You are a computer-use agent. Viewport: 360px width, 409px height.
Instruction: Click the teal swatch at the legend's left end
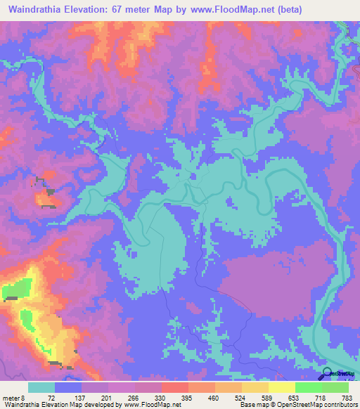pos(41,387)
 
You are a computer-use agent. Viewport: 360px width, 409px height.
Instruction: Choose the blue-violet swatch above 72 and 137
pos(68,387)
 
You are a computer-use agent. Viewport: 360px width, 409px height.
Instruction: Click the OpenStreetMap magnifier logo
pos(328,375)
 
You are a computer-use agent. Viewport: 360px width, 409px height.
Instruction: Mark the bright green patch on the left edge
pos(15,288)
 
